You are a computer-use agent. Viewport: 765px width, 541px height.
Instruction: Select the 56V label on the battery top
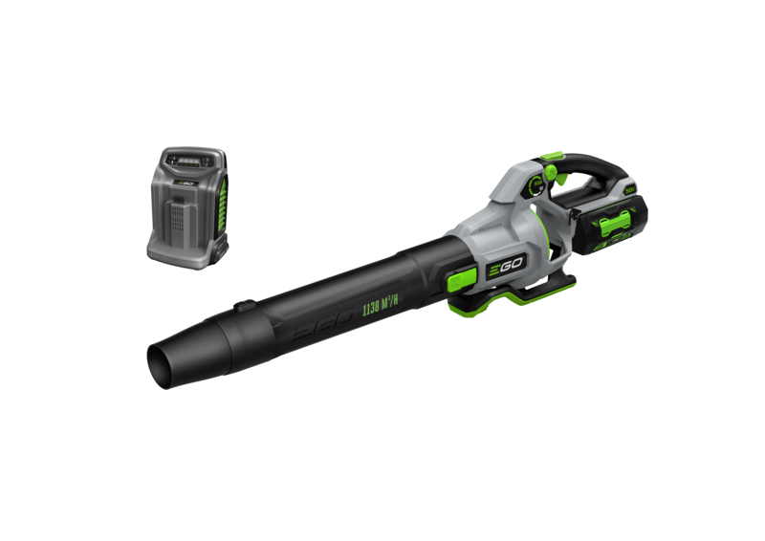tap(629, 190)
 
